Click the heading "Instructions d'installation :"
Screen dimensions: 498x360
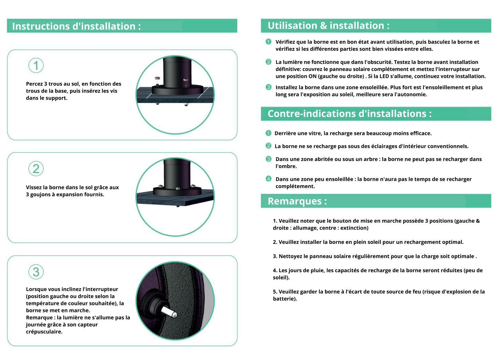(76, 26)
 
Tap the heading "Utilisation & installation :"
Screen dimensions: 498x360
(329, 26)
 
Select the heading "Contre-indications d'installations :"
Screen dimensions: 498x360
(350, 114)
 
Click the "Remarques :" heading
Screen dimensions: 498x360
(297, 201)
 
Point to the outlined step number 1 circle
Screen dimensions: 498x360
(36, 65)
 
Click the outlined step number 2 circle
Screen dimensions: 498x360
(36, 169)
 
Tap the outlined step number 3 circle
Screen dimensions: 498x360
(36, 272)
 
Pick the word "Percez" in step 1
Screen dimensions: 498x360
(34, 84)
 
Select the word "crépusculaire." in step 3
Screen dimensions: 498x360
(44, 332)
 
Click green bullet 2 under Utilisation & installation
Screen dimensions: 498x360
(269, 61)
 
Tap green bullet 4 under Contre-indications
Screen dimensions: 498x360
(269, 179)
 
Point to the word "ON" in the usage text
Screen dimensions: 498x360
(313, 76)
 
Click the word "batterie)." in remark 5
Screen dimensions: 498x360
(285, 299)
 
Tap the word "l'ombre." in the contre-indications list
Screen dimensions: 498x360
(286, 166)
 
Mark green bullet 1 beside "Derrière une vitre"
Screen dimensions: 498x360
(269, 133)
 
